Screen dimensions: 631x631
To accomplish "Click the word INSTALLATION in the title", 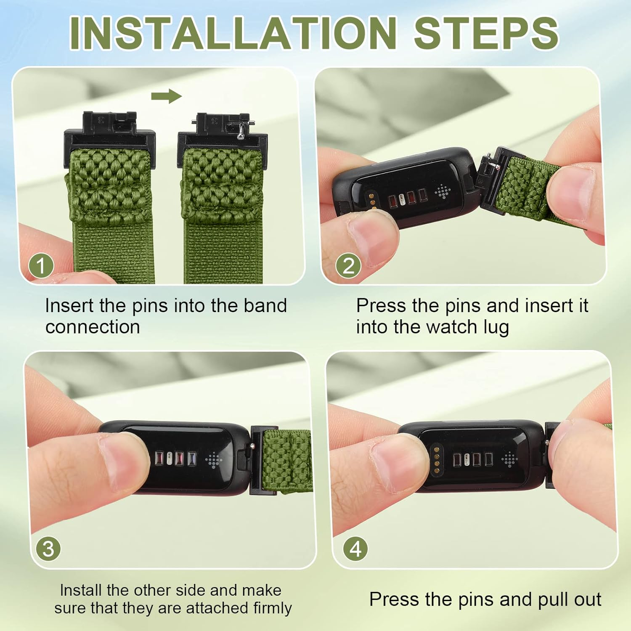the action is tap(233, 33).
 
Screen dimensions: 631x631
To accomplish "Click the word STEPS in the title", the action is tap(486, 33).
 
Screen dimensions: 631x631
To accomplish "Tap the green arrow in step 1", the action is tap(167, 96).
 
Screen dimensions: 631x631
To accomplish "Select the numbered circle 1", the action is tap(41, 265).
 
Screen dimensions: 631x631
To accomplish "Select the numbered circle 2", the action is tap(348, 265).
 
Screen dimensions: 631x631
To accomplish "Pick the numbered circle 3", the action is tap(48, 549).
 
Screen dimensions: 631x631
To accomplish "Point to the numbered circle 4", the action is tap(355, 549).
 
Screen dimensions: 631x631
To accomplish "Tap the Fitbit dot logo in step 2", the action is tap(443, 191).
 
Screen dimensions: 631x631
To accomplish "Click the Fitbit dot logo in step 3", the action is tap(214, 460).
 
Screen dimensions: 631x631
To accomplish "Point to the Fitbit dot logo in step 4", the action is tap(509, 459).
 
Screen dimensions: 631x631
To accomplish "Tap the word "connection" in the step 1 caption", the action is tap(93, 327).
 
